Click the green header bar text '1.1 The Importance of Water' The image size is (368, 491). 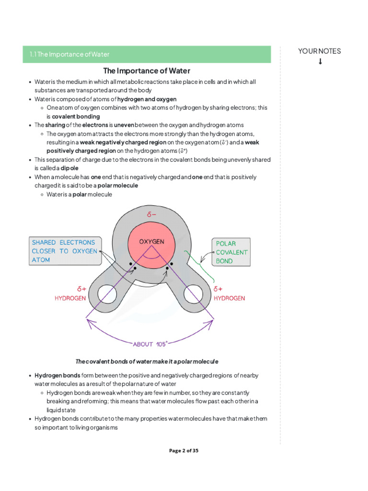point(69,55)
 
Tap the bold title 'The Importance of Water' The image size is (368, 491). point(147,71)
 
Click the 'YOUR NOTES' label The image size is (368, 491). point(319,51)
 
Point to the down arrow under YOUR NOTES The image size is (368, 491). point(320,61)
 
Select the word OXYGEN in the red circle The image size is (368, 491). point(152,242)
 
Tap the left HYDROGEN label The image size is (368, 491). point(70,298)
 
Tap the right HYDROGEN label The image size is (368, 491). point(229,298)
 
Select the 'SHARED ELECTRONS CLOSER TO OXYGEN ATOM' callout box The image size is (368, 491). point(64,251)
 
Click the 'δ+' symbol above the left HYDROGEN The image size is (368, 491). point(81,289)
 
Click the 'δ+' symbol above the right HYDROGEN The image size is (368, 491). point(218,289)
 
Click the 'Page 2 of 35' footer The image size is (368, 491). point(184,451)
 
